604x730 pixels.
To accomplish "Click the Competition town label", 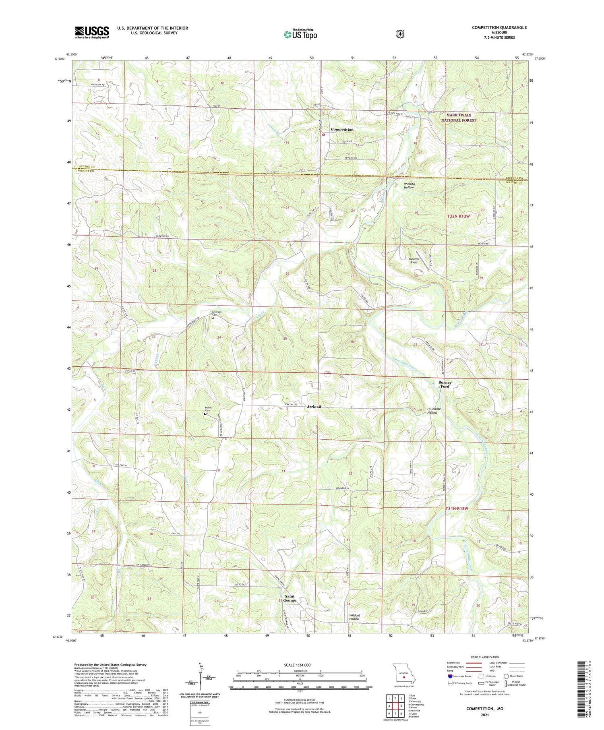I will (x=342, y=130).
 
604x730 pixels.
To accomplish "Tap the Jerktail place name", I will (x=314, y=407).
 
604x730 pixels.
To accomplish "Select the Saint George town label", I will (x=290, y=598).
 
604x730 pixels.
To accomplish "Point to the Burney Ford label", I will (x=445, y=385).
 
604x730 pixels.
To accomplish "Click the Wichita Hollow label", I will (x=409, y=186).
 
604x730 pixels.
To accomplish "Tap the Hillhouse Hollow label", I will (x=434, y=411).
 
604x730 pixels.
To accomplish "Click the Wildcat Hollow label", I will (x=354, y=617).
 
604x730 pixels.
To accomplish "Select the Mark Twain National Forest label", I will (x=458, y=118).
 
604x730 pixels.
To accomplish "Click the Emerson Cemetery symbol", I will (x=213, y=318).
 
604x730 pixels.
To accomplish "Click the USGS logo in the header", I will (x=92, y=32).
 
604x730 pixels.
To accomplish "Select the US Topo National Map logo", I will (x=300, y=34).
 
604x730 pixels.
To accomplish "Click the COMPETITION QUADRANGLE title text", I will (x=499, y=28).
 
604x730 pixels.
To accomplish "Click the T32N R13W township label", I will (x=458, y=216).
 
